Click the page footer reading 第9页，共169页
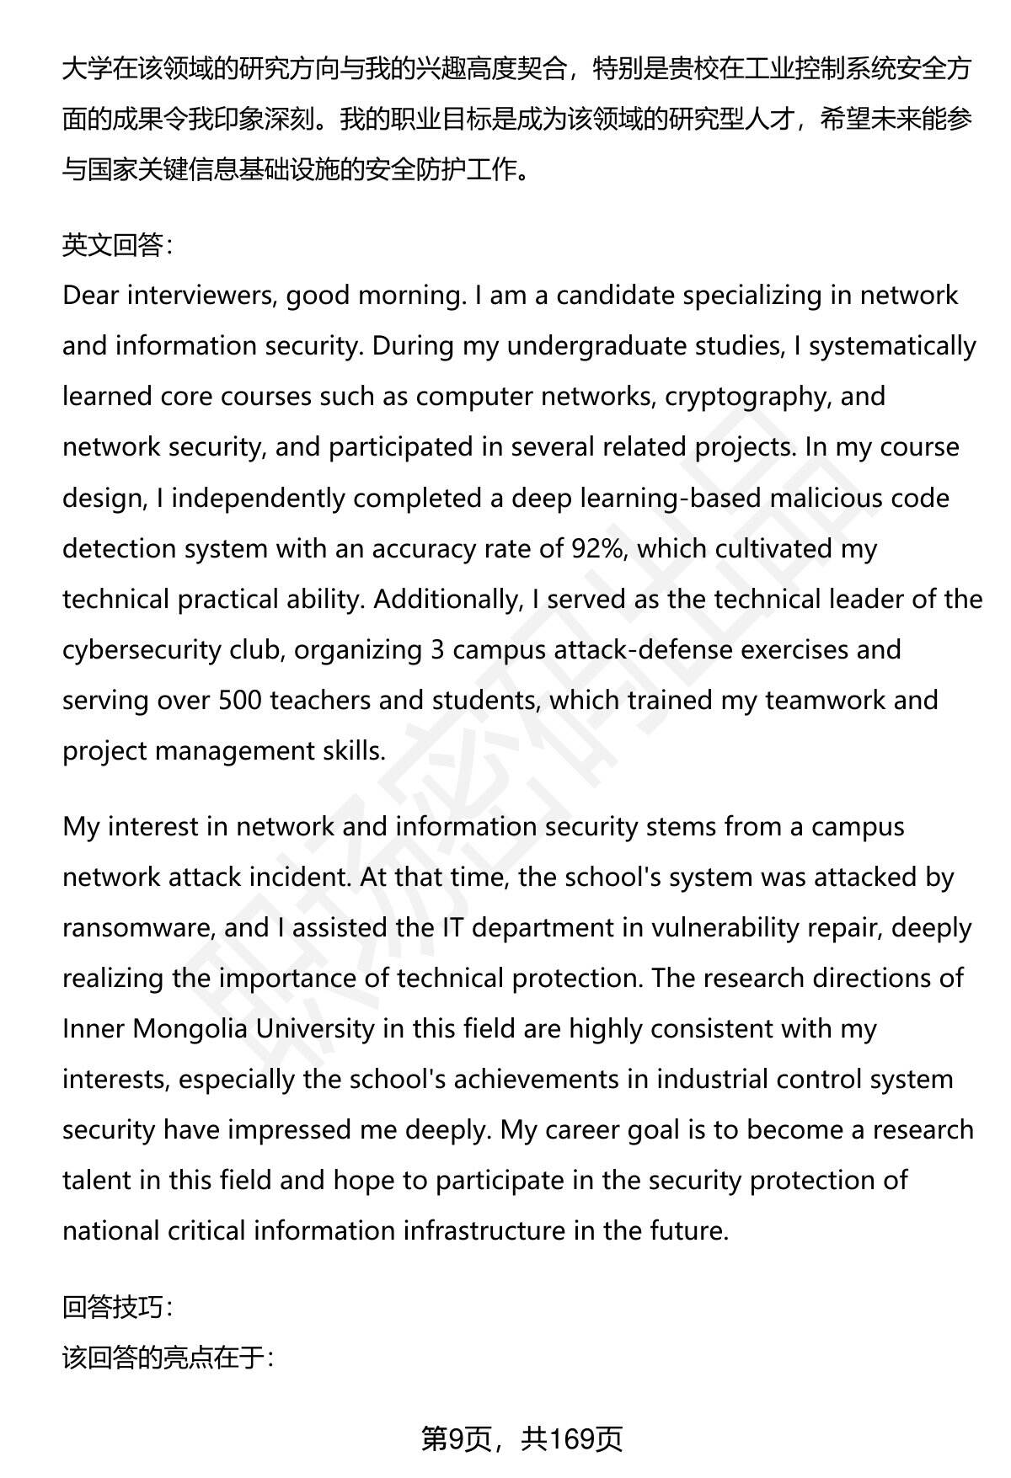point(522,1438)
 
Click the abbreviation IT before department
point(451,927)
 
